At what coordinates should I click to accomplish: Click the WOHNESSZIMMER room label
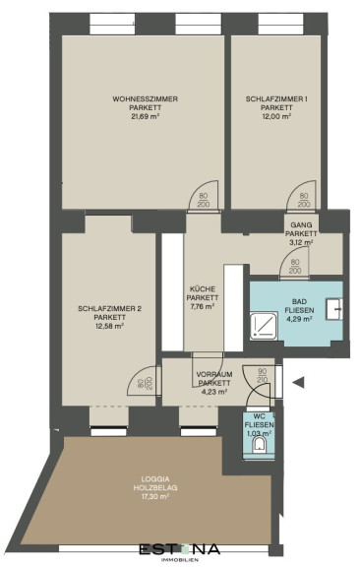(145, 98)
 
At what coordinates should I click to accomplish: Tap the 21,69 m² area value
(145, 116)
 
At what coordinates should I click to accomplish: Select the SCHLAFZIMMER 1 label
(276, 98)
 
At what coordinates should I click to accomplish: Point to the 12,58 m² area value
(109, 326)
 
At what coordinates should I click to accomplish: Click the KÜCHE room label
(203, 289)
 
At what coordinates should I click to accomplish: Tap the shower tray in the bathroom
(265, 326)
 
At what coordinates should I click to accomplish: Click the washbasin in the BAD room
(334, 309)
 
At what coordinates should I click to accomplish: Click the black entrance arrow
(299, 383)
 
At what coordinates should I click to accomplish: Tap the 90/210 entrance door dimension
(263, 376)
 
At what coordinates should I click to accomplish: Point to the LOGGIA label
(155, 478)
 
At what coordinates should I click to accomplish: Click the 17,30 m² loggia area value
(155, 496)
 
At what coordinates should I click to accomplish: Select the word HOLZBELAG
(155, 488)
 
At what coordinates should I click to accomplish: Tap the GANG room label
(301, 224)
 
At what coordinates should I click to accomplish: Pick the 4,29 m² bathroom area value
(299, 319)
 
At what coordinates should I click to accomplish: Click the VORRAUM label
(214, 374)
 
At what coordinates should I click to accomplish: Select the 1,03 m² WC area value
(259, 433)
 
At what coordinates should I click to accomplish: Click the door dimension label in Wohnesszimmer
(204, 200)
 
